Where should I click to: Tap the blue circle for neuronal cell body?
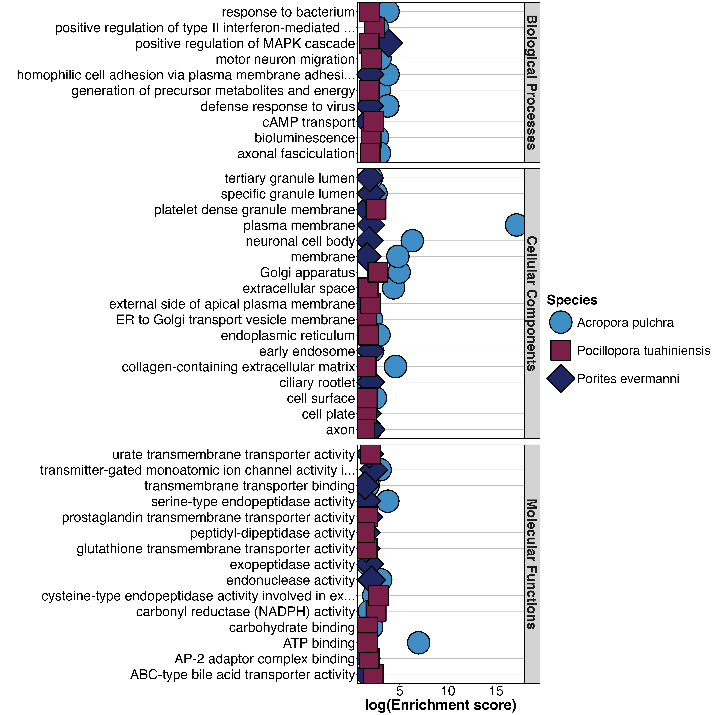coord(412,241)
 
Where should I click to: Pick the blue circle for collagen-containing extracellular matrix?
coord(395,366)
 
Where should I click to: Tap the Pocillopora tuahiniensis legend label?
coord(643,350)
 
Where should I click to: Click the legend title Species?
coord(572,300)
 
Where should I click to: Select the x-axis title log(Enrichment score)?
coord(440,705)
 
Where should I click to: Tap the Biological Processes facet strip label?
coord(532,82)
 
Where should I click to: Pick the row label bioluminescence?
coord(305,138)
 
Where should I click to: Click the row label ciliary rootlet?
coord(317,382)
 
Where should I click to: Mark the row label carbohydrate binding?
coord(292,627)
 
